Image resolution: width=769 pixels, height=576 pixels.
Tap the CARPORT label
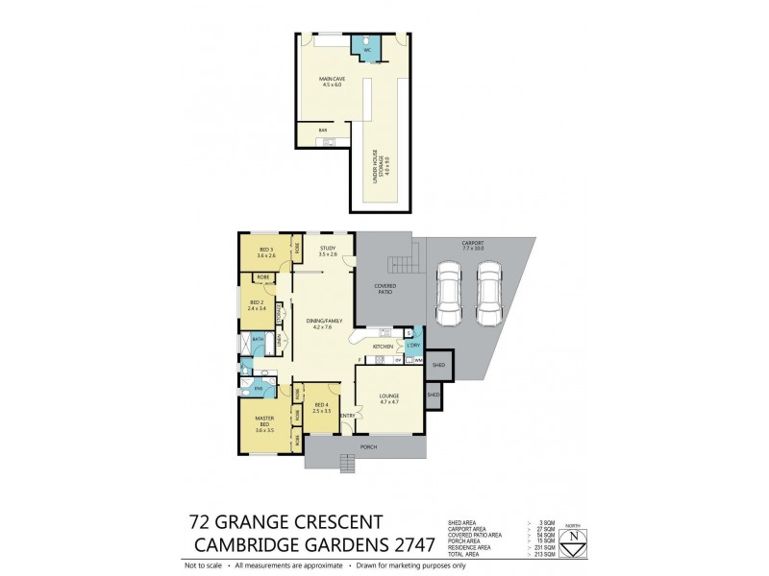[x=472, y=246]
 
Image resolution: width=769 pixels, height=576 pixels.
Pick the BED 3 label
[x=265, y=252]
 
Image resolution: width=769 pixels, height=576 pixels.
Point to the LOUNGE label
[x=387, y=396]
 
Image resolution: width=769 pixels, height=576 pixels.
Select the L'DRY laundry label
[x=414, y=345]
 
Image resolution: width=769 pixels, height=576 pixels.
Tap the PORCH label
[x=367, y=447]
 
